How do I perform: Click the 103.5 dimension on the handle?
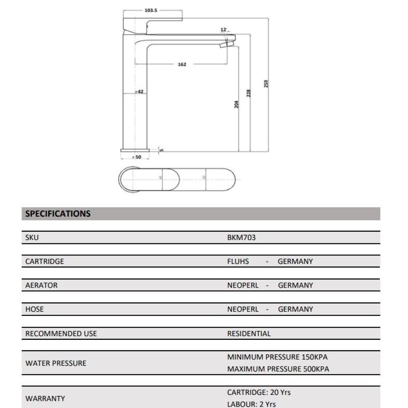[150, 10]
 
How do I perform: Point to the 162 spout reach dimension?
[182, 64]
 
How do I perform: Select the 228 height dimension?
[249, 93]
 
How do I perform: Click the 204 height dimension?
[237, 104]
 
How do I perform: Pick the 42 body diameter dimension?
[140, 92]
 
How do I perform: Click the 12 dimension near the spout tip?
[223, 30]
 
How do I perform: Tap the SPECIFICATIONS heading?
[58, 214]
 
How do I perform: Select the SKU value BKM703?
[241, 237]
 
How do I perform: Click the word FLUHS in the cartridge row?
[238, 262]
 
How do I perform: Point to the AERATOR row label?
[41, 286]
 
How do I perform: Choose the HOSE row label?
[34, 309]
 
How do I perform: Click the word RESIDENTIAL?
[248, 334]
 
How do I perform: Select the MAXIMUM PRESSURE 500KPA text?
[278, 369]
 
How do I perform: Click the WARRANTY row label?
[45, 399]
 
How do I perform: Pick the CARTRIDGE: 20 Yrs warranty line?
[259, 392]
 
